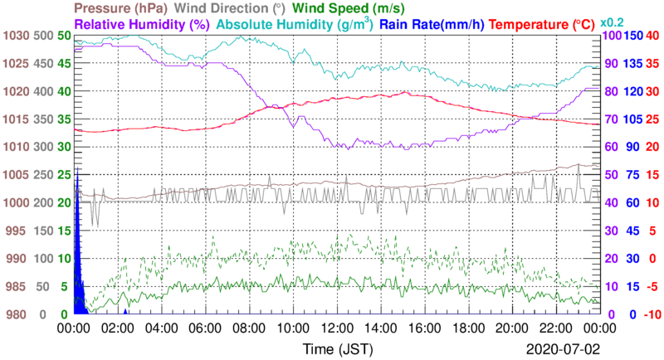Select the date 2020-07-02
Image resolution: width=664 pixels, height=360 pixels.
(x=564, y=347)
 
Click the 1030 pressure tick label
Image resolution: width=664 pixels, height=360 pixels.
(x=16, y=36)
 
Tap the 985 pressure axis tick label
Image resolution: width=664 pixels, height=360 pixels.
(x=16, y=286)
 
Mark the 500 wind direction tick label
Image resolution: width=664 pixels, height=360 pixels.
(x=45, y=36)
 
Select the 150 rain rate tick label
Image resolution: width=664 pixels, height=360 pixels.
(x=632, y=36)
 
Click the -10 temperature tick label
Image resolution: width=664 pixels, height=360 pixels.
(x=653, y=314)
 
